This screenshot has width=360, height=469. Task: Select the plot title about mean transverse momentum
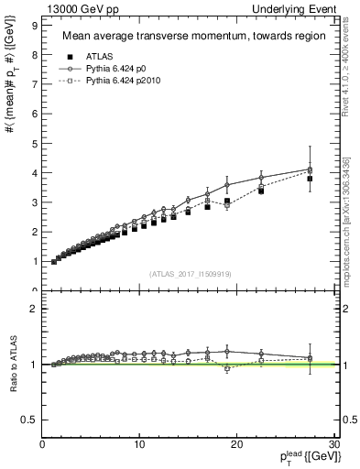point(188,37)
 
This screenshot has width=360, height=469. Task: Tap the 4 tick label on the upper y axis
point(36,173)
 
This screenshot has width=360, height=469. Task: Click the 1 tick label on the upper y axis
point(36,262)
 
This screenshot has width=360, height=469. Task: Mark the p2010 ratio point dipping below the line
point(227,368)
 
